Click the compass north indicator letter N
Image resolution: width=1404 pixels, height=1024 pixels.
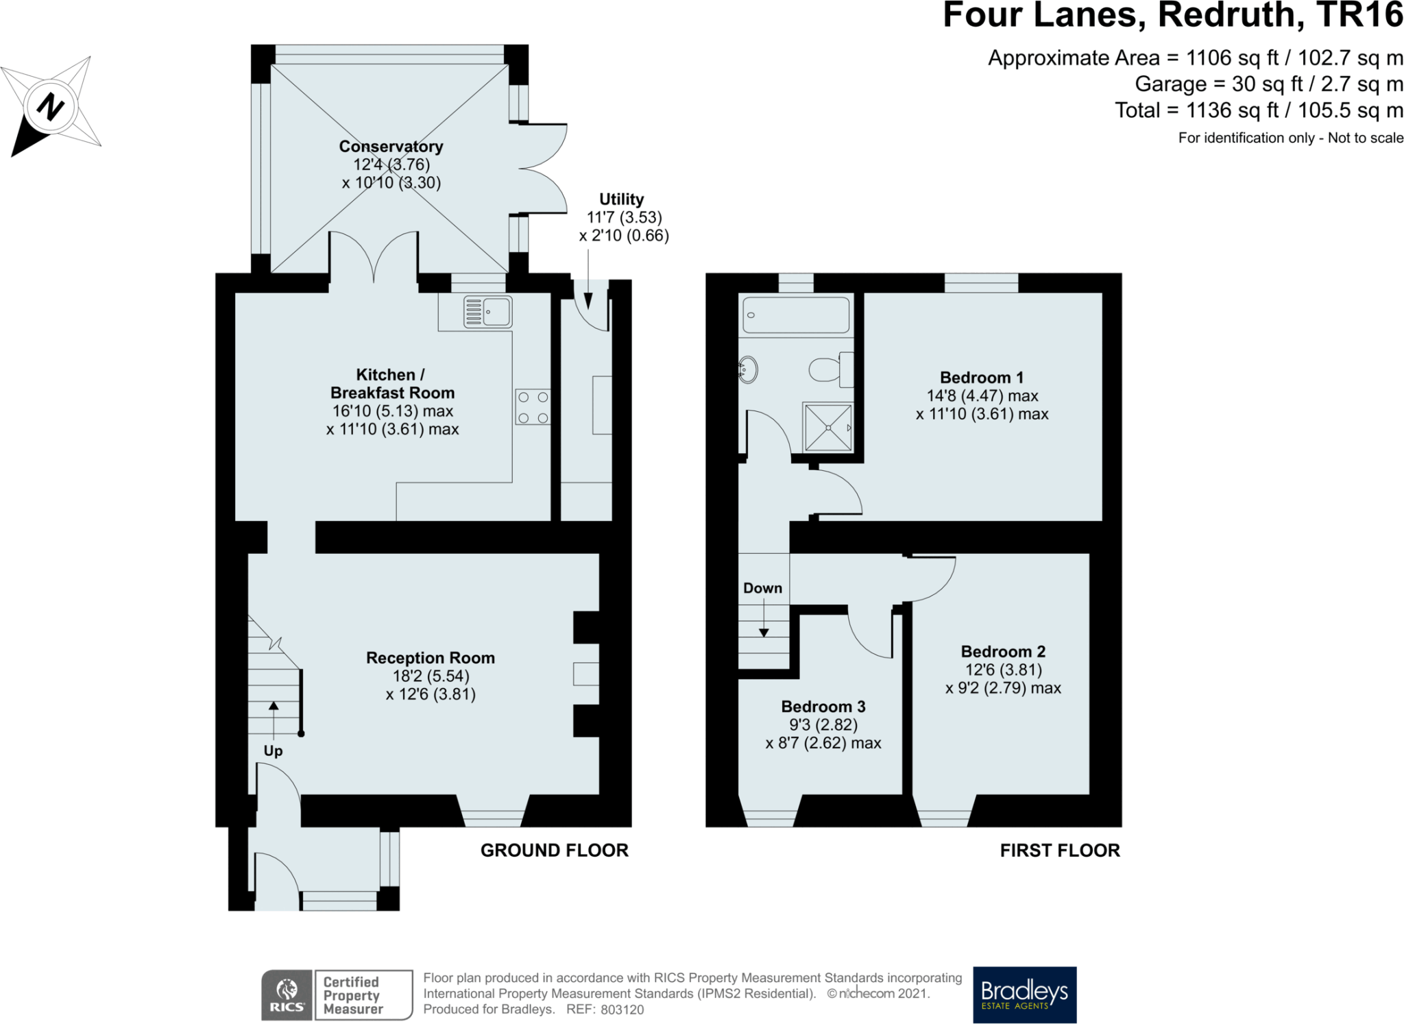50,107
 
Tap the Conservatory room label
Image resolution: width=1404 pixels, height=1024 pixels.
391,147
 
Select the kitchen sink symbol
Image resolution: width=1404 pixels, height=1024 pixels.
487,312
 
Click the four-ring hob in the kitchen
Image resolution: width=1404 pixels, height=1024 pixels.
533,407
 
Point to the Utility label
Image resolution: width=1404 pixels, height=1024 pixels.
622,199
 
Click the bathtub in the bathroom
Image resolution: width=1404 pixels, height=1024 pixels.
796,315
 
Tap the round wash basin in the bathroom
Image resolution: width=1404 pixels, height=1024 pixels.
748,370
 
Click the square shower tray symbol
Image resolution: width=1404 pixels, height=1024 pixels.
828,427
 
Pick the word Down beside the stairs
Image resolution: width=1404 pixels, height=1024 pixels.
762,588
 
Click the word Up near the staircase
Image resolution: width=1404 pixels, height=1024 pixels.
273,751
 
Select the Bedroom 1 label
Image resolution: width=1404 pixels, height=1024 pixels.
982,378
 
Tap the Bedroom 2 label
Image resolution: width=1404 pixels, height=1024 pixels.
1003,652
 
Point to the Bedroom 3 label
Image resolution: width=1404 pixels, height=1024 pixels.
823,707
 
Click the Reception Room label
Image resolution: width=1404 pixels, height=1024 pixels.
431,658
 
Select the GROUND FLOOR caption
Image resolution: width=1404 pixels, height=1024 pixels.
554,851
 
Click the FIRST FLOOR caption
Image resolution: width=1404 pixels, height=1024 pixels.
1060,851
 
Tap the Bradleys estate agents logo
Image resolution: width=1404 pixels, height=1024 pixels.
1025,995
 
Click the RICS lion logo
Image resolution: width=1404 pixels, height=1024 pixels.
287,995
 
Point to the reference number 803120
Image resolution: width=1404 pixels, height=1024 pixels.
622,1010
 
